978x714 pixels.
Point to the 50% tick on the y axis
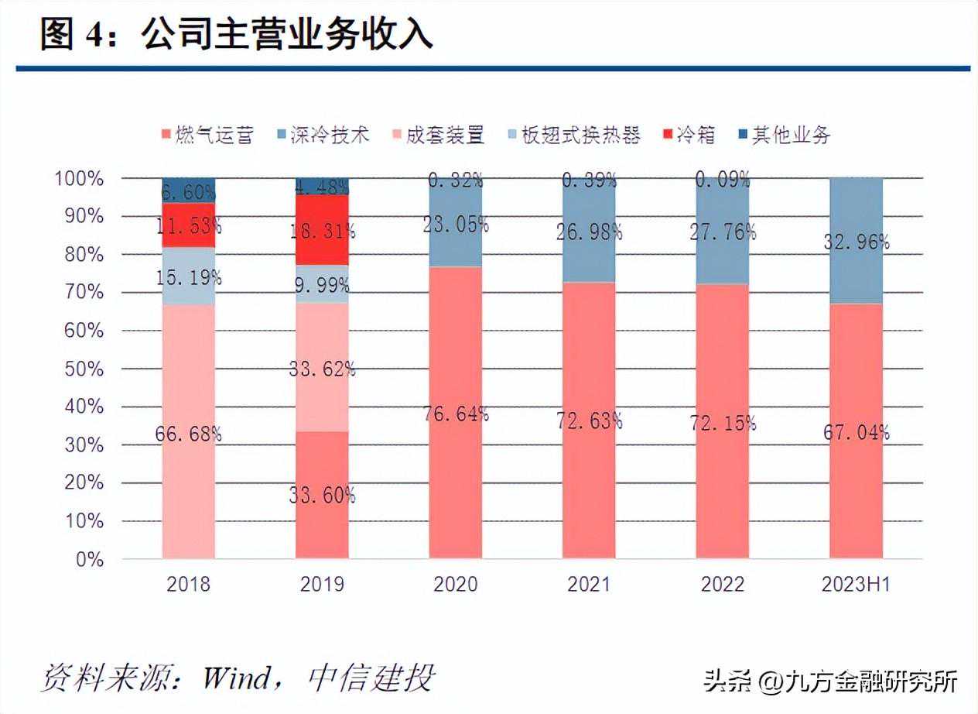[79, 369]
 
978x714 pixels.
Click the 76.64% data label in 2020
[455, 414]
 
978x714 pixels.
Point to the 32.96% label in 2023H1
[856, 242]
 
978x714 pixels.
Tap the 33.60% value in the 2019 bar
[322, 495]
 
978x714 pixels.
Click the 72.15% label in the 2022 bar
[723, 423]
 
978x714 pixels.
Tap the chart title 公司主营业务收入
[287, 35]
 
